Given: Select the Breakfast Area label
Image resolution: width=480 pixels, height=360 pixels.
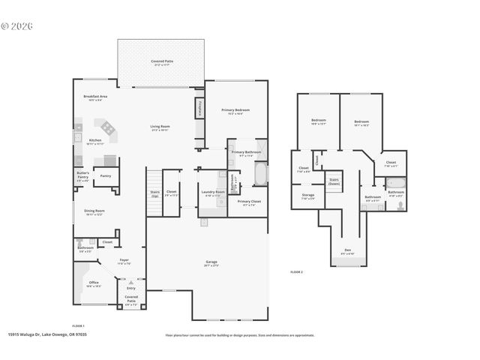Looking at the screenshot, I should pos(96,97).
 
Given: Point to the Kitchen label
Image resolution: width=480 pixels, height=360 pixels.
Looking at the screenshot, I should pos(95,141).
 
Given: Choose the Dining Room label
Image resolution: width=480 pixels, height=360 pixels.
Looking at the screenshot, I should pos(94,212).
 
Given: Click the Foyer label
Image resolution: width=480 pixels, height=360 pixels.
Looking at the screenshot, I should pos(124,262).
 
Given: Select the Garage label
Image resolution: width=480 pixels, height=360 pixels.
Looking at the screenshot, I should pos(211,263).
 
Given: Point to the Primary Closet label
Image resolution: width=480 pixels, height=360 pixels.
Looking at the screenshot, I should pos(249,202).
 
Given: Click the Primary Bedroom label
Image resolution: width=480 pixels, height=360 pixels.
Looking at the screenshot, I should pos(235,111).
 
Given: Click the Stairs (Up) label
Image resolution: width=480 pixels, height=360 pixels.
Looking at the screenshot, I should pos(154,193).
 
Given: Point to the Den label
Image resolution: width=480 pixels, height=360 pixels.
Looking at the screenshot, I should pos(347,251).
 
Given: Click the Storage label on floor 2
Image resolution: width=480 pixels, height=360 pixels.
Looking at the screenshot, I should pos(308,196).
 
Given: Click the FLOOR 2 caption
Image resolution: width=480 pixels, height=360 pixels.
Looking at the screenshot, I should pos(296,271).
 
